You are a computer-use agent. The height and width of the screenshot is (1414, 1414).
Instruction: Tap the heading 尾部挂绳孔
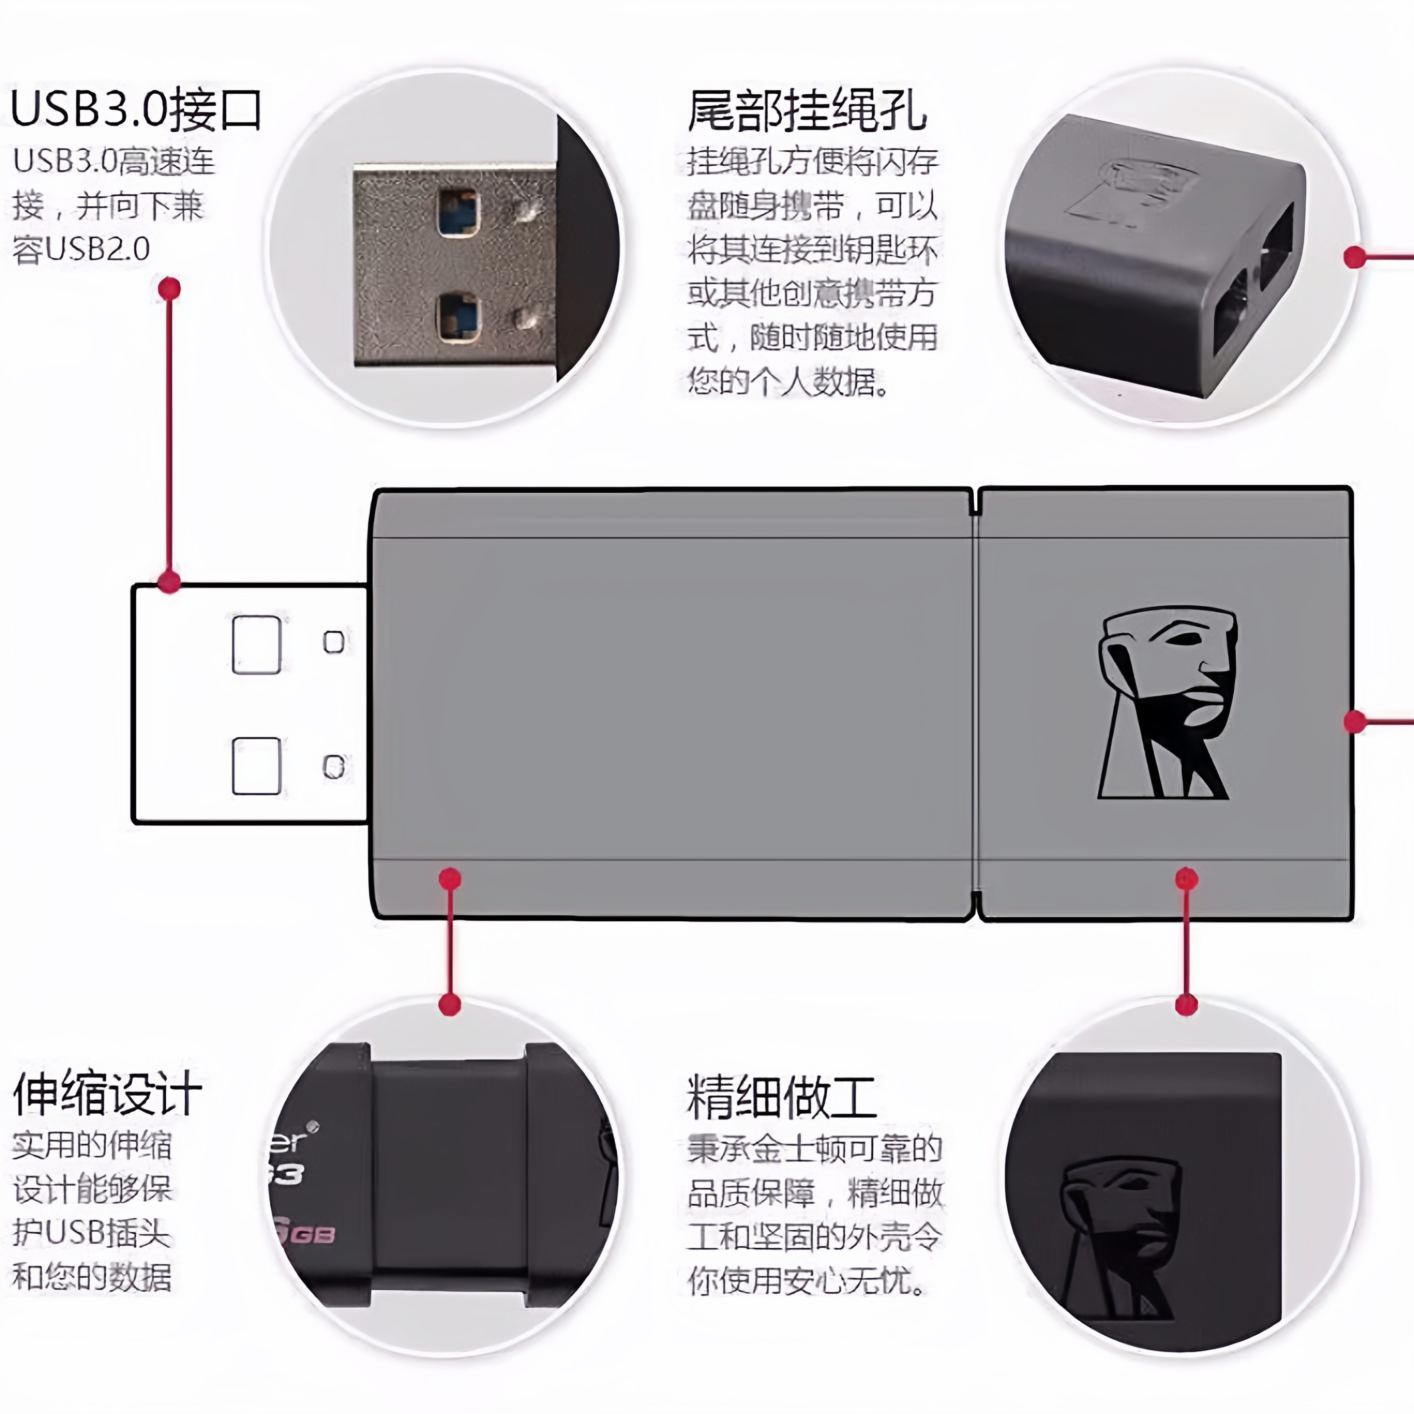(x=807, y=111)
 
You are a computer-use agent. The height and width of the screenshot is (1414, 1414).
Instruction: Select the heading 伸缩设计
(x=108, y=1094)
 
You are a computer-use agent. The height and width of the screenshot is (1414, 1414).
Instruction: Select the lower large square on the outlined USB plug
(x=256, y=766)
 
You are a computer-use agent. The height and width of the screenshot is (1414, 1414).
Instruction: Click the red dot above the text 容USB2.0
(x=169, y=288)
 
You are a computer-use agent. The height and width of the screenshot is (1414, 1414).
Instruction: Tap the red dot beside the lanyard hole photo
(x=1355, y=257)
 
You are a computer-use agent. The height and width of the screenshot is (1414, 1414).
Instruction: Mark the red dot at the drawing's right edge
(x=1355, y=722)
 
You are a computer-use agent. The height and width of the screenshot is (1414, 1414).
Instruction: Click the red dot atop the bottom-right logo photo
(x=1186, y=1004)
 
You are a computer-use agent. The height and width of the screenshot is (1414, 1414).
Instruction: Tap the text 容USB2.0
(x=81, y=249)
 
